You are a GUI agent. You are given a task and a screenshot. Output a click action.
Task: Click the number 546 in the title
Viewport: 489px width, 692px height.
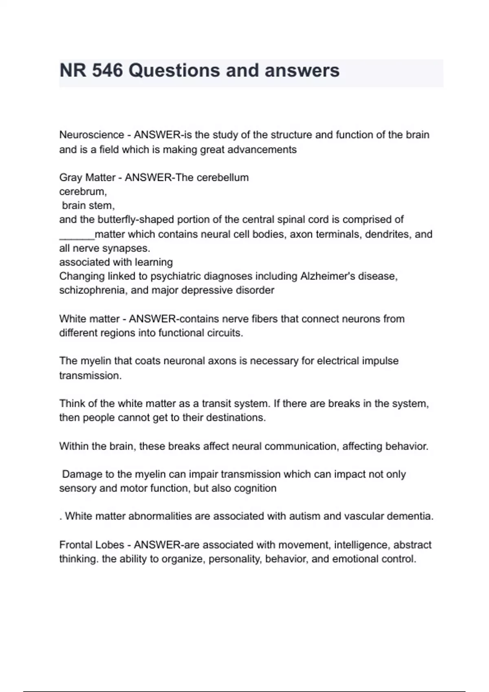[107, 70]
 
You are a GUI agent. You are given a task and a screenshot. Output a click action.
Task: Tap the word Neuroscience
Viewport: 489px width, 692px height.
[92, 135]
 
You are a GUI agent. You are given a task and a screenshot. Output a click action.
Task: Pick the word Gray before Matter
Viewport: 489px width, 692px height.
[70, 177]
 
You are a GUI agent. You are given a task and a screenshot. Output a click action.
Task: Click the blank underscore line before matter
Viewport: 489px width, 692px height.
[77, 235]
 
